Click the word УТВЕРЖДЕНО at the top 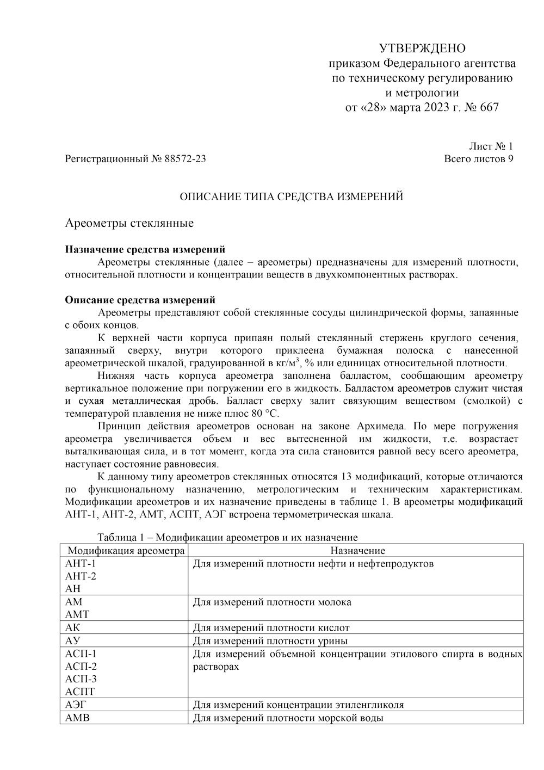(x=422, y=47)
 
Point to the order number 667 (x=489, y=107)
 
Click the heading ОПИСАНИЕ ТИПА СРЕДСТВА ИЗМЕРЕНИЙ (x=292, y=196)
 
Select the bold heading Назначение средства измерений (x=145, y=250)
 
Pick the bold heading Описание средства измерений (x=140, y=300)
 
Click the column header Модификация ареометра (x=126, y=551)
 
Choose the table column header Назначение (x=357, y=551)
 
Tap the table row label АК (x=72, y=627)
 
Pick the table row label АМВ (x=77, y=718)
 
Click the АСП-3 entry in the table (x=81, y=679)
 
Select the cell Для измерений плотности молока (x=272, y=602)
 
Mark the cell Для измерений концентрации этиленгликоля (x=298, y=705)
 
